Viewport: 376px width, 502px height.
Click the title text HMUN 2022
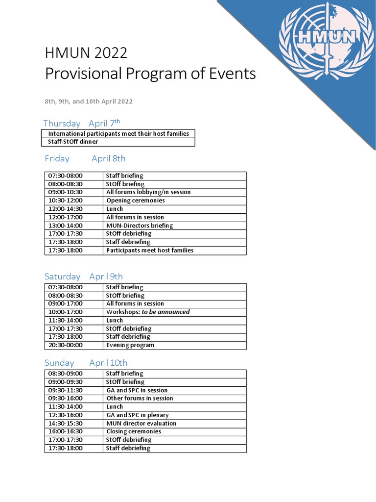click(86, 52)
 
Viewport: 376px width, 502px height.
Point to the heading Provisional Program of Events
click(150, 74)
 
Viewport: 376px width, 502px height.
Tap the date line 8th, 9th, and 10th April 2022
click(89, 101)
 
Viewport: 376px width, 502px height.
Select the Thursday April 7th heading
click(81, 123)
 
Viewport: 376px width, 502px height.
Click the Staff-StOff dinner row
click(73, 142)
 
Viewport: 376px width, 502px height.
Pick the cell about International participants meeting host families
click(118, 133)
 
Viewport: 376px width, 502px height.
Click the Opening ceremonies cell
click(136, 201)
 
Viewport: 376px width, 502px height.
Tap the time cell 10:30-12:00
click(66, 201)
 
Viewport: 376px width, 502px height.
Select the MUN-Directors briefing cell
click(140, 226)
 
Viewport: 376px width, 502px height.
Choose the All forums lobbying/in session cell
click(148, 192)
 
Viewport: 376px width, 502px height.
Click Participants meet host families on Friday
click(150, 251)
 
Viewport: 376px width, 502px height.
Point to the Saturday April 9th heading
click(84, 276)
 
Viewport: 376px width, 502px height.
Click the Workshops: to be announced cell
click(148, 312)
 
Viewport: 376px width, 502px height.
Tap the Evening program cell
click(130, 345)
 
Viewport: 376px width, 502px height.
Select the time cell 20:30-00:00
click(66, 345)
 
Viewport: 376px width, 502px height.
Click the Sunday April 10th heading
click(86, 363)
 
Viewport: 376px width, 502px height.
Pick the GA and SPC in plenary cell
click(138, 415)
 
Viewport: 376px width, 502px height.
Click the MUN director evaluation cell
click(141, 424)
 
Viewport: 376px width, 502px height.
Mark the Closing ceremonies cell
click(134, 432)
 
